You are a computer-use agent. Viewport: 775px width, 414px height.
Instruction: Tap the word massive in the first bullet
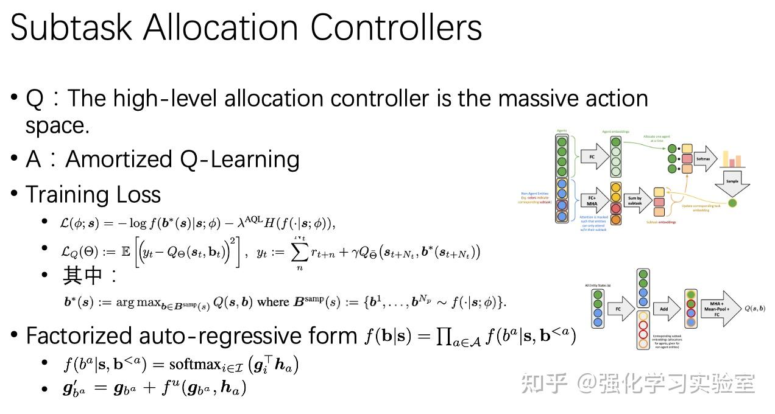click(514, 98)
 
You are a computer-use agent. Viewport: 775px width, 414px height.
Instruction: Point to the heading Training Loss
click(93, 194)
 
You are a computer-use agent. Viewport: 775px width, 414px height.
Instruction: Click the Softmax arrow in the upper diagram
click(704, 158)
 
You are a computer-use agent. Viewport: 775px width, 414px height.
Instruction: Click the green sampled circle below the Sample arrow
click(732, 203)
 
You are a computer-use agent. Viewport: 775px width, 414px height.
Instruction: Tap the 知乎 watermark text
click(544, 384)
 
